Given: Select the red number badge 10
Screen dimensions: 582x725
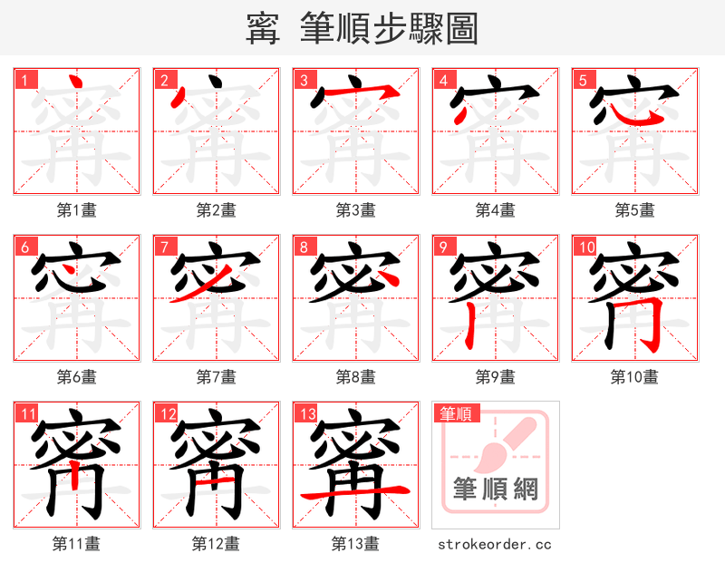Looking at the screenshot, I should (585, 247).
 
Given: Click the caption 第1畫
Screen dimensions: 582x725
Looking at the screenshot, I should (77, 210).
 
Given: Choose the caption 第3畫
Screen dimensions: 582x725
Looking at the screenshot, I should (355, 210).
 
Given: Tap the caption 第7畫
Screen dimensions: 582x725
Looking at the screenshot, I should (216, 376).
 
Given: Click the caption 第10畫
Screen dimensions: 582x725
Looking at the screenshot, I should (634, 376).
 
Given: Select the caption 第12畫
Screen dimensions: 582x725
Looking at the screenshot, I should (216, 544).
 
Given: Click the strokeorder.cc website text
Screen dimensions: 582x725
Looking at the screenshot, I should (495, 545).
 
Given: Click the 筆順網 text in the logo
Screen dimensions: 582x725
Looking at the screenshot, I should (495, 490).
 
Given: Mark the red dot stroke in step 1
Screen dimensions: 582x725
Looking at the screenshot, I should (76, 87).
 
